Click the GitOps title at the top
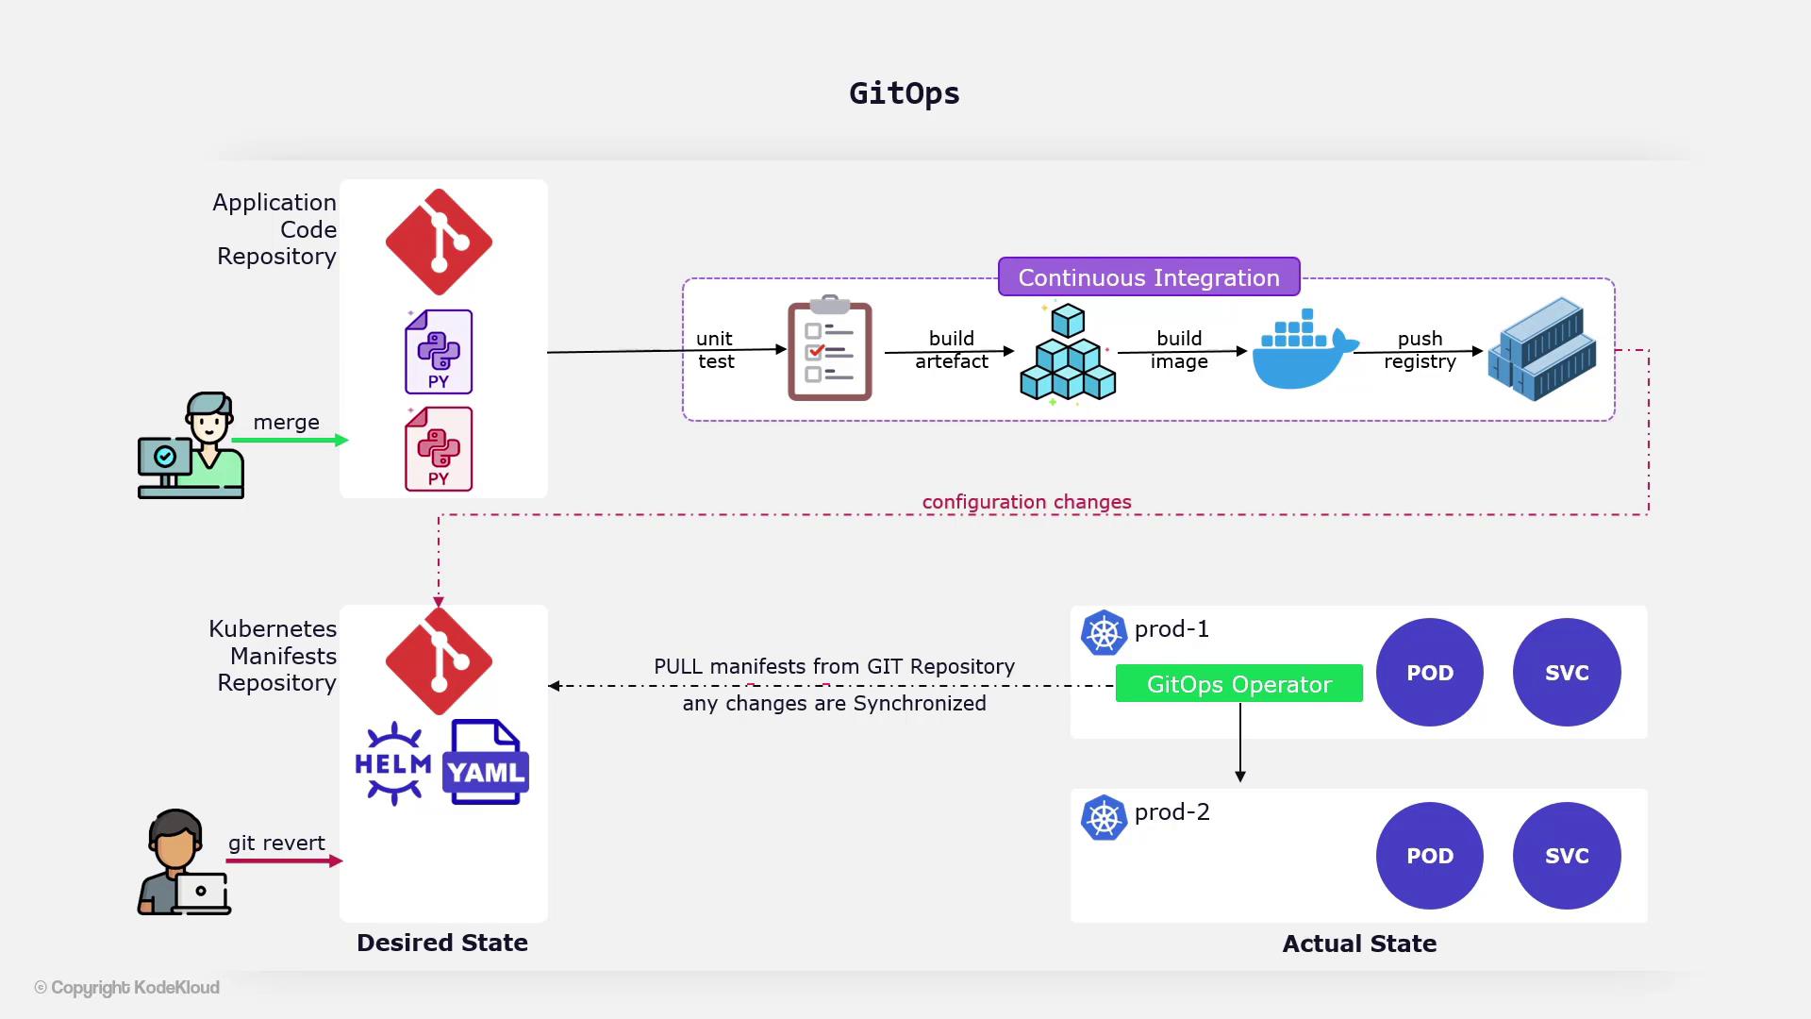pos(905,93)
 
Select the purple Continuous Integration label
pos(1149,277)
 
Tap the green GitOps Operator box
pos(1238,684)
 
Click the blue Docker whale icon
pos(1303,351)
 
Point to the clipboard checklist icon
pos(830,349)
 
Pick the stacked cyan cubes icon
pos(1068,354)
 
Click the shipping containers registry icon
pos(1543,349)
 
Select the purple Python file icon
pos(439,352)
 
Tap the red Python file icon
pos(439,449)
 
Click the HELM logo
pos(393,763)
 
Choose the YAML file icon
pos(486,762)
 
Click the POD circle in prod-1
pos(1430,673)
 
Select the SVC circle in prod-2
pos(1567,856)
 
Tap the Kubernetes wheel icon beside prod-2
pos(1104,818)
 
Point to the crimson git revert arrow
pos(284,860)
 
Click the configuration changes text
pos(1026,502)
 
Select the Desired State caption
pos(442,943)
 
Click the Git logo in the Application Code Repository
pos(439,242)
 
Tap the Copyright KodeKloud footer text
pos(127,987)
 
